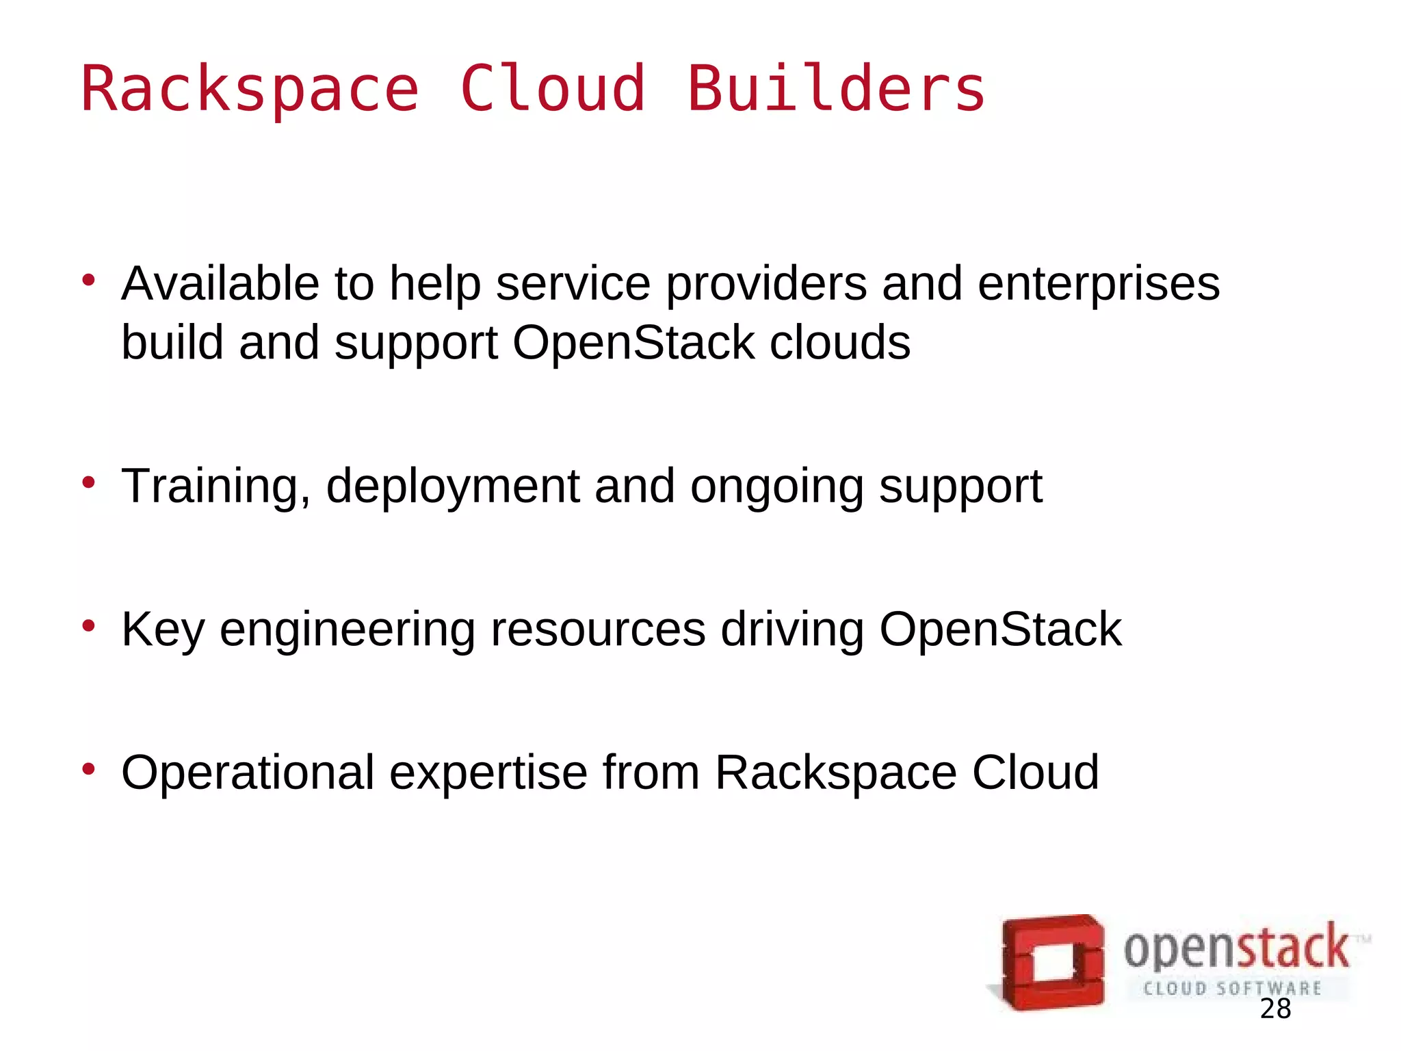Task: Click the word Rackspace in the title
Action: click(250, 89)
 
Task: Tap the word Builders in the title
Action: click(835, 89)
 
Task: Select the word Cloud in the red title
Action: click(553, 89)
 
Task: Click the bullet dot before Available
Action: click(88, 280)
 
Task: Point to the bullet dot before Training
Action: click(88, 482)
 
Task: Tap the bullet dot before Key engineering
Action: click(88, 625)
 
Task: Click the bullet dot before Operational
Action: click(88, 769)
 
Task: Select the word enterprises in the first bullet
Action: click(1099, 284)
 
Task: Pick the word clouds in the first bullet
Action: click(840, 342)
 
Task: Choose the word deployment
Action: click(453, 486)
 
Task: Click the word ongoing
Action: click(776, 486)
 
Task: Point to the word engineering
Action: click(347, 630)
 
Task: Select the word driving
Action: click(792, 630)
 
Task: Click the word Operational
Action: click(248, 773)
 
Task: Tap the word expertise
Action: click(488, 773)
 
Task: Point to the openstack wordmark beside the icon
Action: click(1237, 948)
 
